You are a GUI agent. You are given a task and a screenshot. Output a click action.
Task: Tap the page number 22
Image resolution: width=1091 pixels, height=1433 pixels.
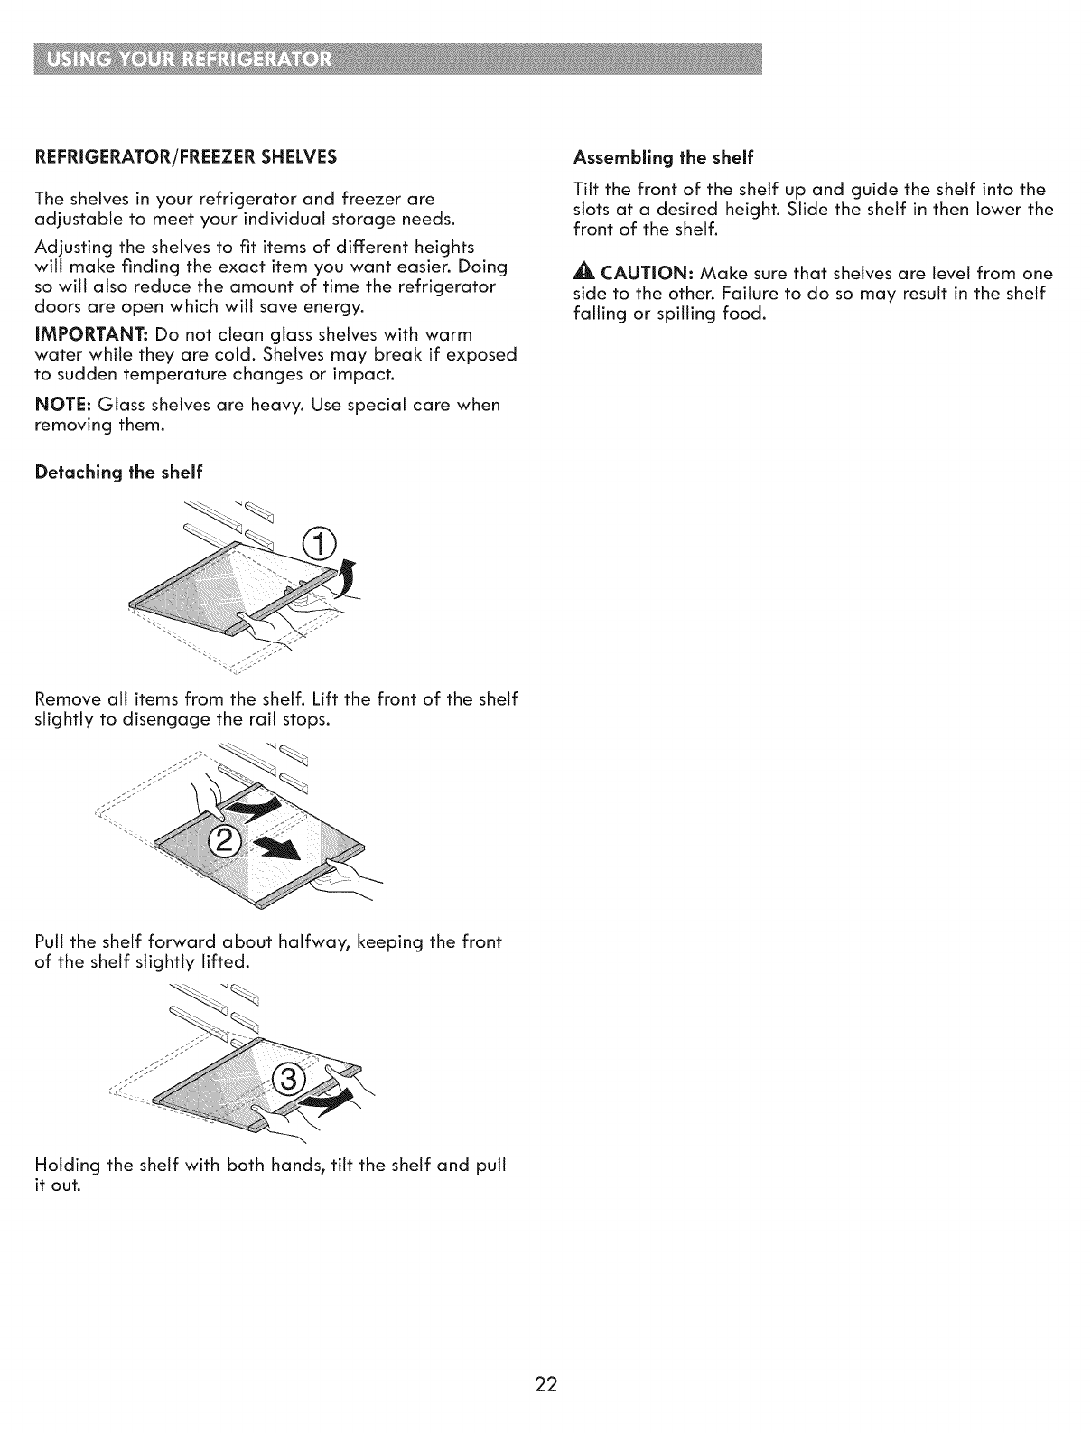coord(545,1385)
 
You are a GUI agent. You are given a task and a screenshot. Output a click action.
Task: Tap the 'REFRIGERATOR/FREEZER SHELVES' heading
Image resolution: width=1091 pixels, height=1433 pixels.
coord(185,157)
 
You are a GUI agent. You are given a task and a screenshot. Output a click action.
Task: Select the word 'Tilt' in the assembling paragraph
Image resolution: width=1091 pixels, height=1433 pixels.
coord(588,190)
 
